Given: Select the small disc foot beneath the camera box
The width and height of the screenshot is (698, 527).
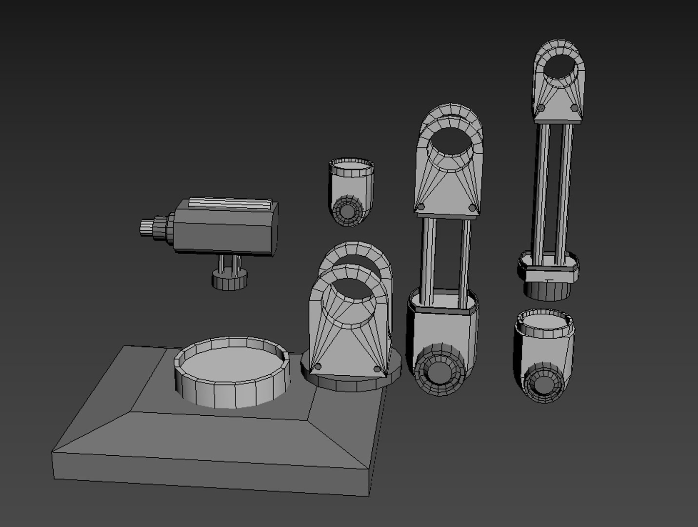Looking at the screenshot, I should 229,282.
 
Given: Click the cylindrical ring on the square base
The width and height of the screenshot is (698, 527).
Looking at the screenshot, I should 232,371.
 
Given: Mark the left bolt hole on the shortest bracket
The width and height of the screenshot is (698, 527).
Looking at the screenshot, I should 318,366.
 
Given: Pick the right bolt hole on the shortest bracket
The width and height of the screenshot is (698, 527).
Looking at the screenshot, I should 377,369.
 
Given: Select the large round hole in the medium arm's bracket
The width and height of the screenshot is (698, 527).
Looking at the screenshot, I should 451,146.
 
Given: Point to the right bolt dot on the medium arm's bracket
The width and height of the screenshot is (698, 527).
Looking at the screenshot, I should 472,208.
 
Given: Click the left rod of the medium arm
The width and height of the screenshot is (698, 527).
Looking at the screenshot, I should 429,259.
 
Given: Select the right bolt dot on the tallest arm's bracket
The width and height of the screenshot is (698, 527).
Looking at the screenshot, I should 574,107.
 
